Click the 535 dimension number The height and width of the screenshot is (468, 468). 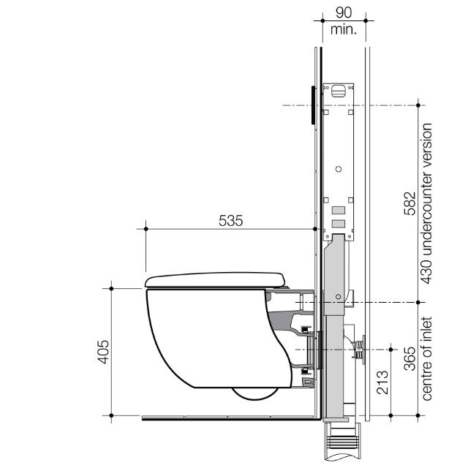(231, 220)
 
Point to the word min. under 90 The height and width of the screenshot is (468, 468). (344, 29)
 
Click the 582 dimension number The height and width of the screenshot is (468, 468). (410, 204)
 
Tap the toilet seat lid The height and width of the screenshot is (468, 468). (216, 279)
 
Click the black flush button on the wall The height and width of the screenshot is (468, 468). (314, 104)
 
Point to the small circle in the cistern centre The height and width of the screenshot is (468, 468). (338, 169)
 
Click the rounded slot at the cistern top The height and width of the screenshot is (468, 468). (339, 91)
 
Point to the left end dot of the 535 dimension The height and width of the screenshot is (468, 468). (146, 229)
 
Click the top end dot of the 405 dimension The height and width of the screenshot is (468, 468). (111, 289)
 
